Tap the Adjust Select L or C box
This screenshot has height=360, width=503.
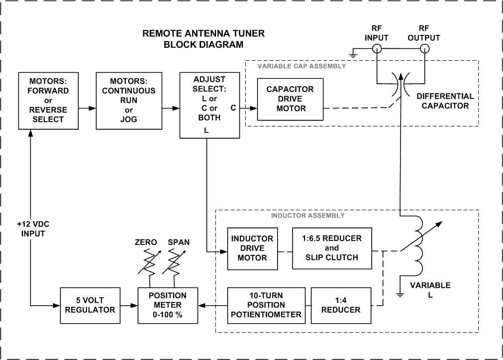coord(210,105)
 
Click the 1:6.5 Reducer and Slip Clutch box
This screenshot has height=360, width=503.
coord(331,248)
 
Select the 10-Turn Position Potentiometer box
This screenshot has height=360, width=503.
coord(266,304)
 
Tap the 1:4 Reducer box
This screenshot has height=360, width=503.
coord(341,304)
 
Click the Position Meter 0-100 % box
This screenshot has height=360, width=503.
coord(168,304)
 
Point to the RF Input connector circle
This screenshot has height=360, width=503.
coord(377,49)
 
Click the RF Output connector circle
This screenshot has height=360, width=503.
coord(424,49)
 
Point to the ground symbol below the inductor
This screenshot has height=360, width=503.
coord(400,294)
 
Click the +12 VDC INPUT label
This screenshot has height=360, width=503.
coord(31,229)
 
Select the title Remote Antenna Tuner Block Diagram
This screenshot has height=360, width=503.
coord(203,39)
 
